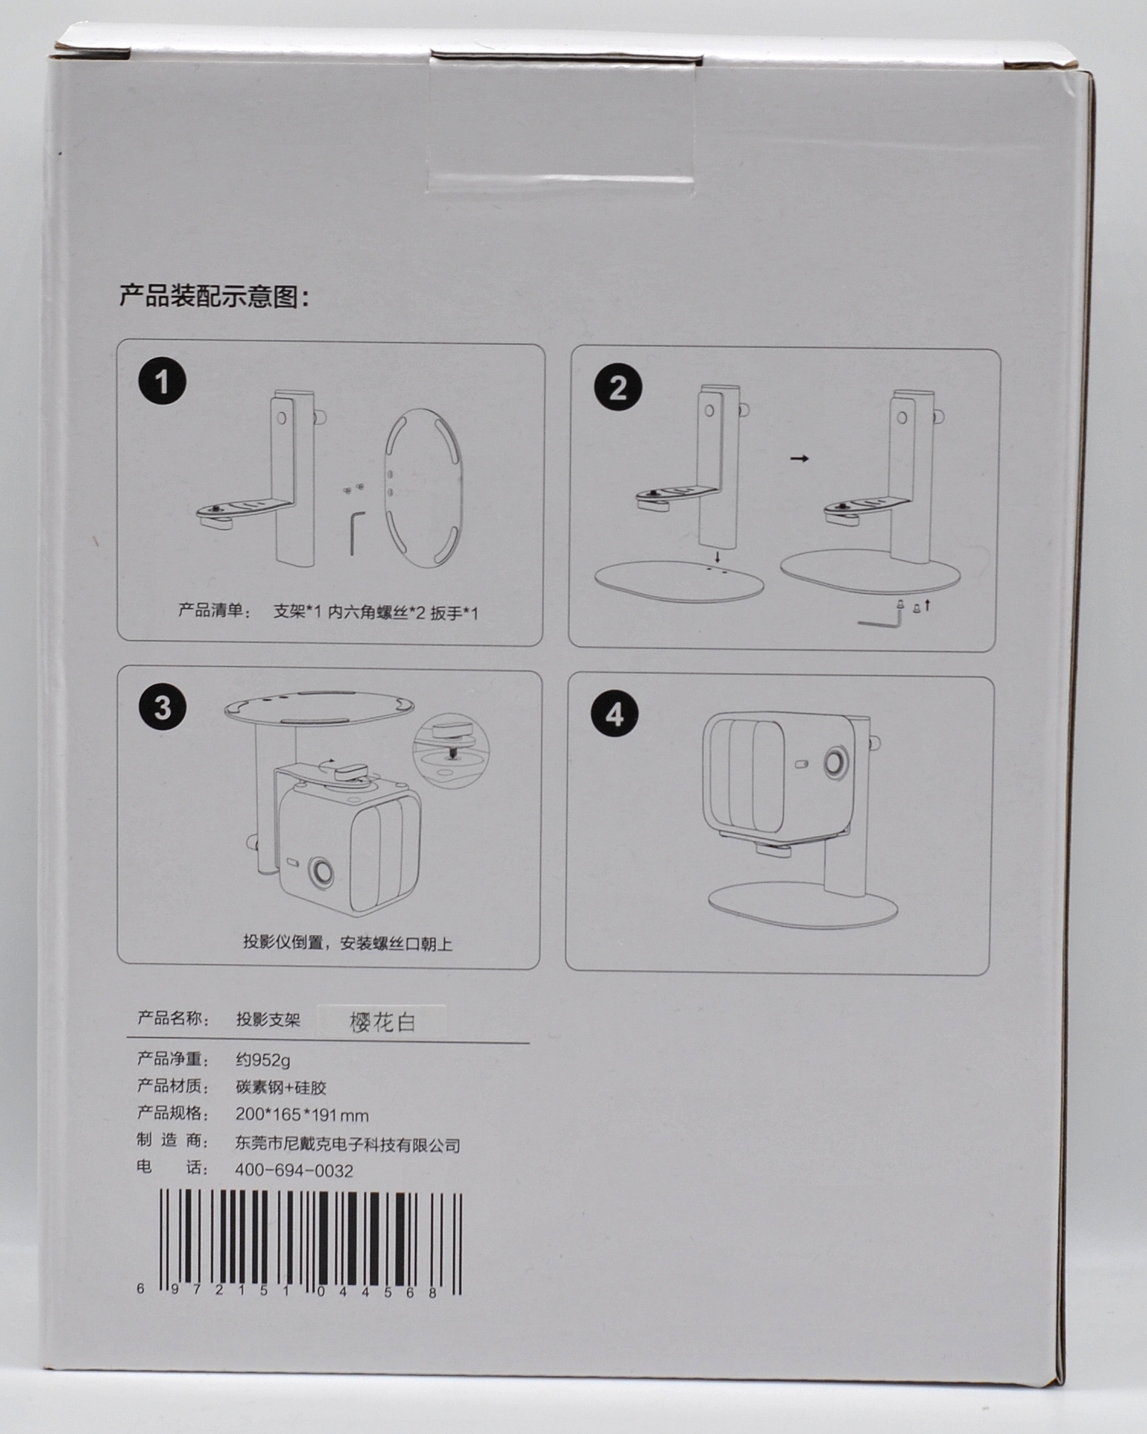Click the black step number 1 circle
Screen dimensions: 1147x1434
coord(163,381)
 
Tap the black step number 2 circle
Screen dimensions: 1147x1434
coord(618,387)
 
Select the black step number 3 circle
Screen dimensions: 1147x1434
coord(163,707)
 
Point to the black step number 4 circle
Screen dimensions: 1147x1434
coord(615,714)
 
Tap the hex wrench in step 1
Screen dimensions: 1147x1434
coord(357,533)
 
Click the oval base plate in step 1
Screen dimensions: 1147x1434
coord(424,488)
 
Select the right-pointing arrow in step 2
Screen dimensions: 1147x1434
coord(799,458)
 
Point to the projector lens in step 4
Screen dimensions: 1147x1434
coord(836,762)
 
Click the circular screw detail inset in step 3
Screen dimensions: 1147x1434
coord(451,750)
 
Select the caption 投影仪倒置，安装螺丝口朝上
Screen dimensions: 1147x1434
coord(348,943)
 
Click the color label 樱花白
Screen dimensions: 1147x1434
coord(382,1022)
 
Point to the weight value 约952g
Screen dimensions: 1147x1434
coord(263,1060)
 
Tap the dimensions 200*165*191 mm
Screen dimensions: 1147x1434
coord(302,1115)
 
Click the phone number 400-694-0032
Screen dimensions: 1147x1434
coord(294,1171)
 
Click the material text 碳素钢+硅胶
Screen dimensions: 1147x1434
coord(281,1087)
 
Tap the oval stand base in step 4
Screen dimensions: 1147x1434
coord(803,905)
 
